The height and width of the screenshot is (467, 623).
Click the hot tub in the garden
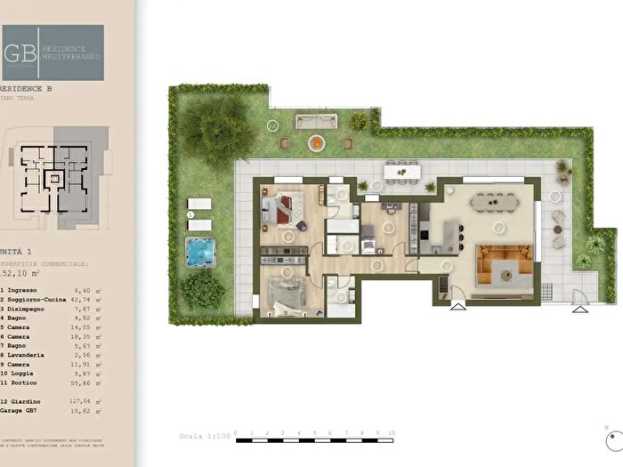202,252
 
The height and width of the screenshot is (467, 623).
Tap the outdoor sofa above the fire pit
313,122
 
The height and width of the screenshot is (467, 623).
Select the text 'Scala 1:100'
205,438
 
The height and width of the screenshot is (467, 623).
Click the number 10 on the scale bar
390,431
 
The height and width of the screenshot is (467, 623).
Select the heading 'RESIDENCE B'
27,89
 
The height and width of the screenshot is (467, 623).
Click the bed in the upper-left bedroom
285,208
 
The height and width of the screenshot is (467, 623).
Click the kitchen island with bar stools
452,237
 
